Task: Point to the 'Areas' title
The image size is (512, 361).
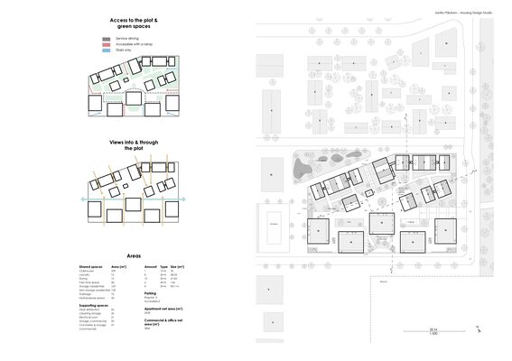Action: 133,257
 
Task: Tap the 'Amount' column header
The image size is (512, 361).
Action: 151,268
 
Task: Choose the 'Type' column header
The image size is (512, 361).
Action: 164,268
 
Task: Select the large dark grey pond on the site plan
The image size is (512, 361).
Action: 303,166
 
